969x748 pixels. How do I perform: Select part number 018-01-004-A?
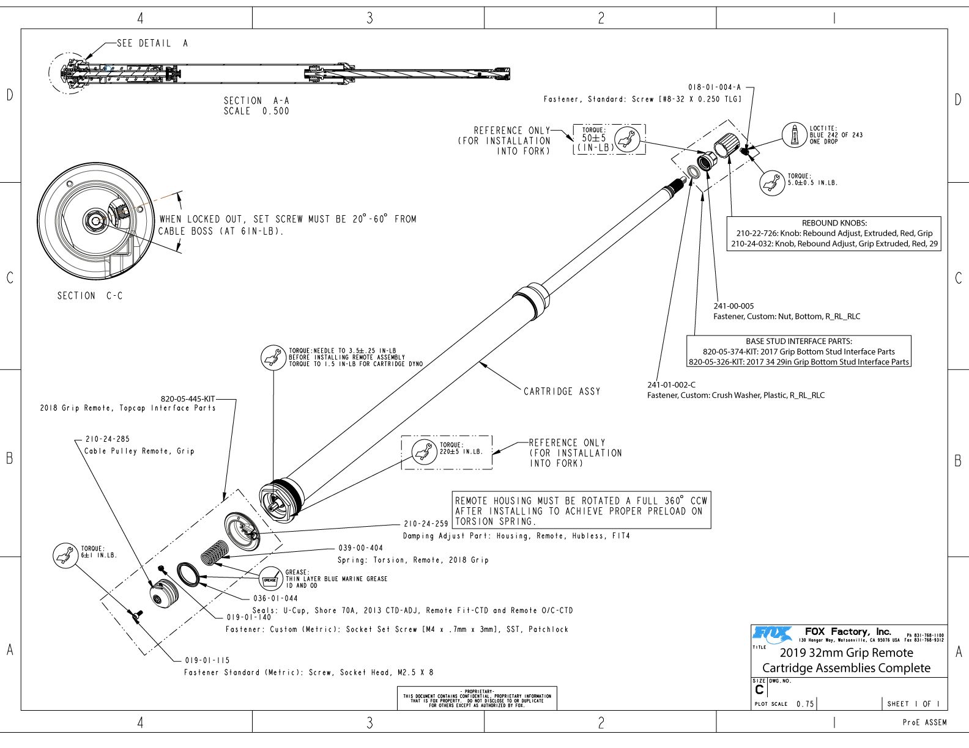[714, 87]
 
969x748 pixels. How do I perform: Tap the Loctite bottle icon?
[795, 135]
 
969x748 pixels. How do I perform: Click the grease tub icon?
[270, 579]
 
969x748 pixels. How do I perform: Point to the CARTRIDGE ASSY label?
[562, 391]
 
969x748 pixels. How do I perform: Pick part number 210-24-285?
[108, 439]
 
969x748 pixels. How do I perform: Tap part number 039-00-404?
[360, 548]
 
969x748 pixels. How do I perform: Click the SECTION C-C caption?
[90, 296]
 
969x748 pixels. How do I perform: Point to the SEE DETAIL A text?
[152, 43]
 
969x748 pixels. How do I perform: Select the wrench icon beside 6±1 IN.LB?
[63, 555]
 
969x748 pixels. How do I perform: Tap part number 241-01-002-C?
[671, 385]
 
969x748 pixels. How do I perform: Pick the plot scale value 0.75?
[805, 704]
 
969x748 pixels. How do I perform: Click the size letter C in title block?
[759, 690]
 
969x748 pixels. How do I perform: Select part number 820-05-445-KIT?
[188, 399]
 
